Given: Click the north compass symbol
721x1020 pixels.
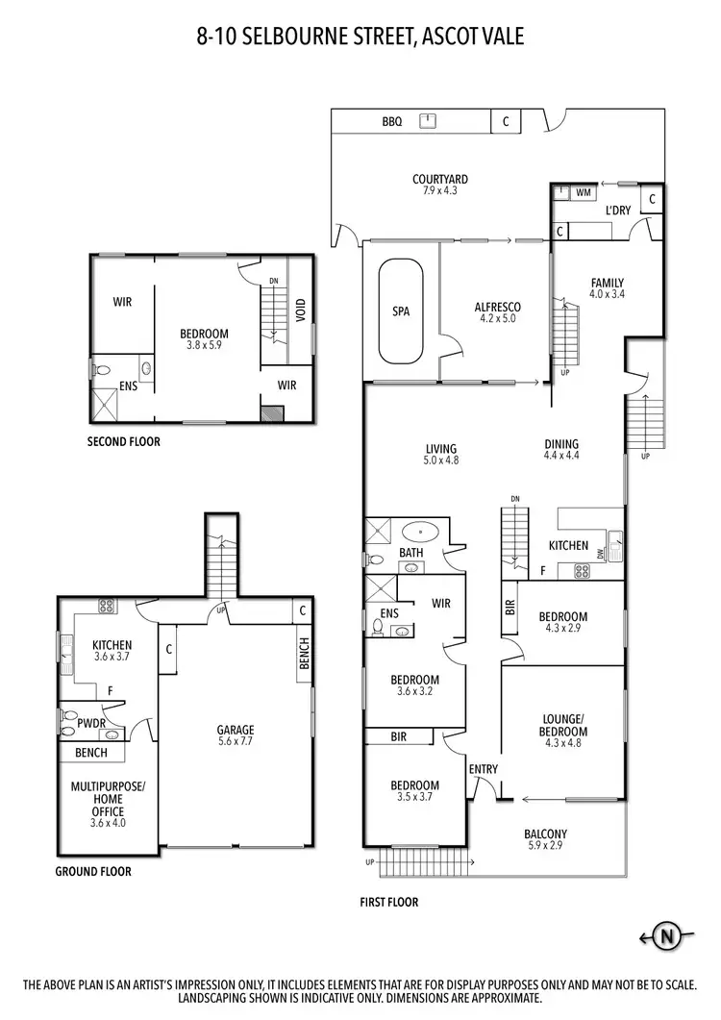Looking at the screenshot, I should click(x=666, y=935).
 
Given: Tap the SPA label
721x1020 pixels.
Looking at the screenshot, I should click(x=401, y=311).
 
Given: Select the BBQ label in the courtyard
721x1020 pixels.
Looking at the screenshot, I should click(x=392, y=121).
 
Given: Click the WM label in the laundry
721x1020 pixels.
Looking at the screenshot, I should click(x=583, y=193).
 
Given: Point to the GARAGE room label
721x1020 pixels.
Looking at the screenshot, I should click(x=236, y=730).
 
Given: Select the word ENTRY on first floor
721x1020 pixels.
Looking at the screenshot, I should click(x=484, y=769).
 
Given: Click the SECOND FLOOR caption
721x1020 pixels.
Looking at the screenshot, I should click(x=124, y=442).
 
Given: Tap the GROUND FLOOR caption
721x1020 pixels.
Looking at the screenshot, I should click(x=93, y=872).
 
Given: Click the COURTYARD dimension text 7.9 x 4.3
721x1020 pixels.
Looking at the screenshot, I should click(x=439, y=191).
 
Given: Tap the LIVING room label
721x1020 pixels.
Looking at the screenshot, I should click(x=441, y=448).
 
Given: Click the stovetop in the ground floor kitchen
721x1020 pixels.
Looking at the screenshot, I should click(x=106, y=607).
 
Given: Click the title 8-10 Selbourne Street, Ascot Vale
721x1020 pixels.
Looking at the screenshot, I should click(x=360, y=37).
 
